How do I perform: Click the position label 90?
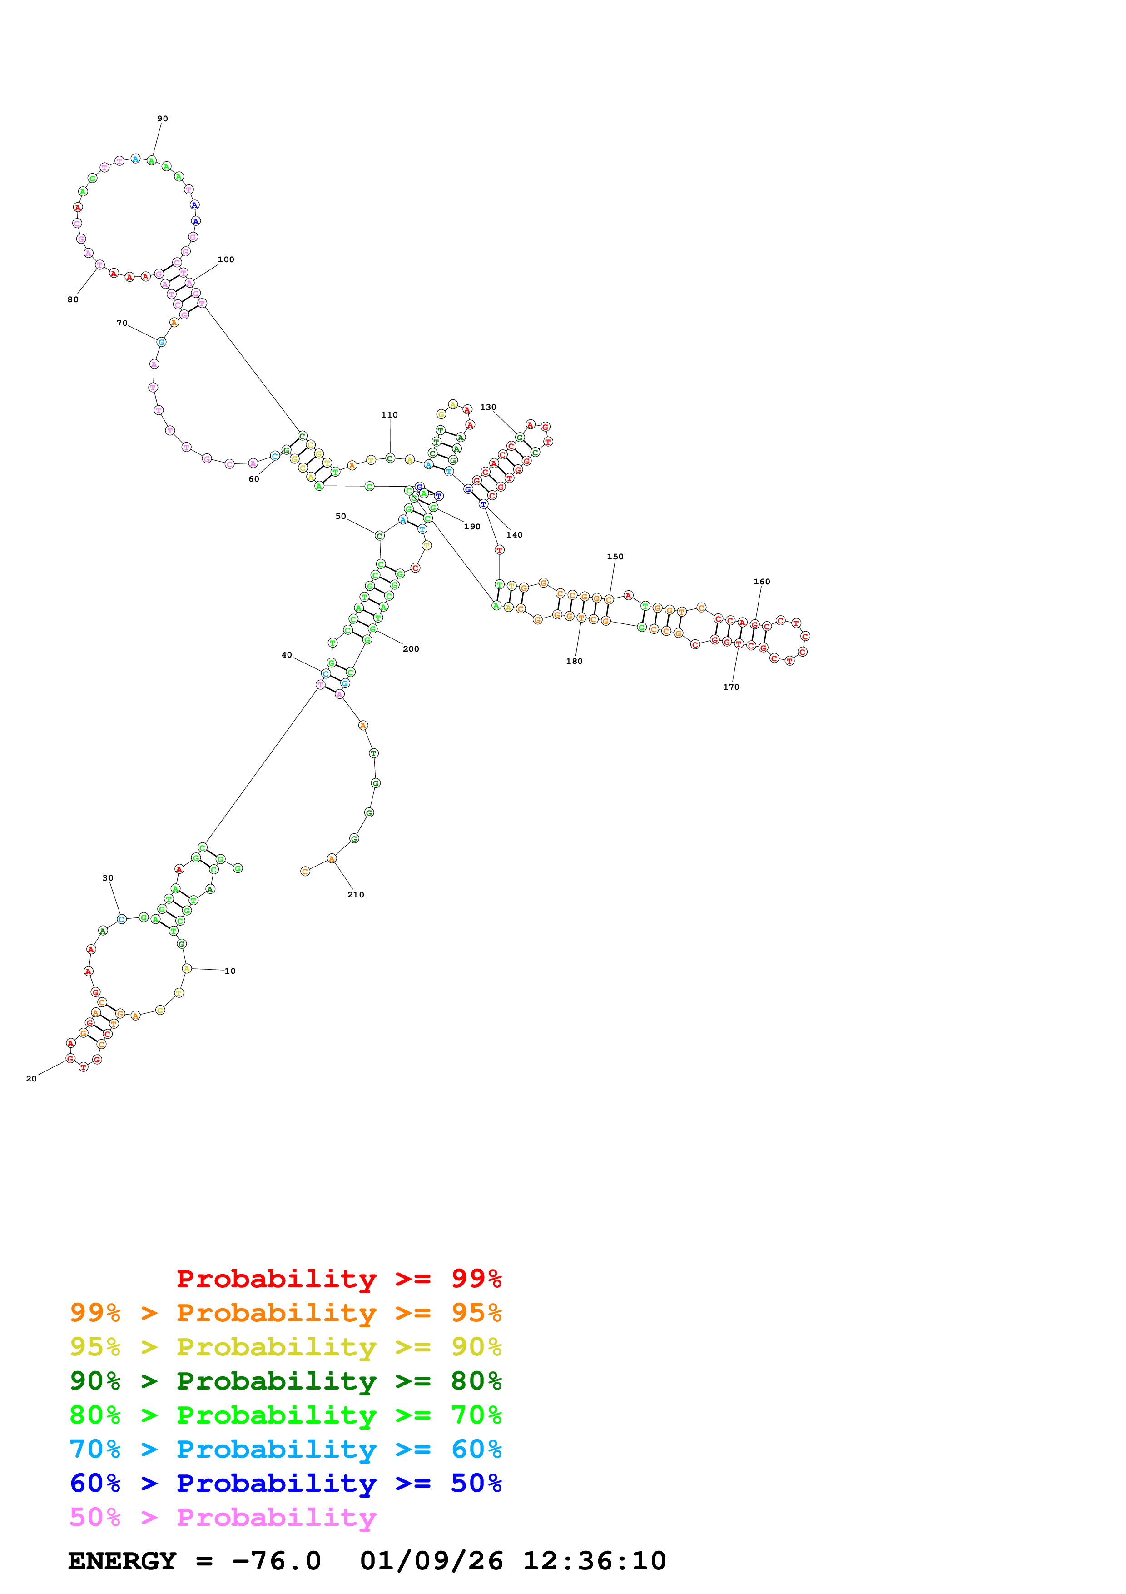tap(162, 119)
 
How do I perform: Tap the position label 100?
tap(226, 259)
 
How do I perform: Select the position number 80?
tap(73, 300)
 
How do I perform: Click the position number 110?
tap(389, 415)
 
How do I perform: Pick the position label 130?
tap(488, 408)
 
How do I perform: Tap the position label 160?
tap(762, 582)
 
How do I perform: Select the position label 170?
tap(731, 687)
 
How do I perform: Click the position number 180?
tap(575, 662)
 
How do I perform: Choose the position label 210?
tap(356, 895)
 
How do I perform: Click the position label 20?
tap(31, 1079)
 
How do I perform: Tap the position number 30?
tap(108, 878)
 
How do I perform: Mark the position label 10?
tap(230, 971)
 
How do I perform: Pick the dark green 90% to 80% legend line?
tap(285, 1381)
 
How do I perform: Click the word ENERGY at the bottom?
tap(122, 1561)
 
